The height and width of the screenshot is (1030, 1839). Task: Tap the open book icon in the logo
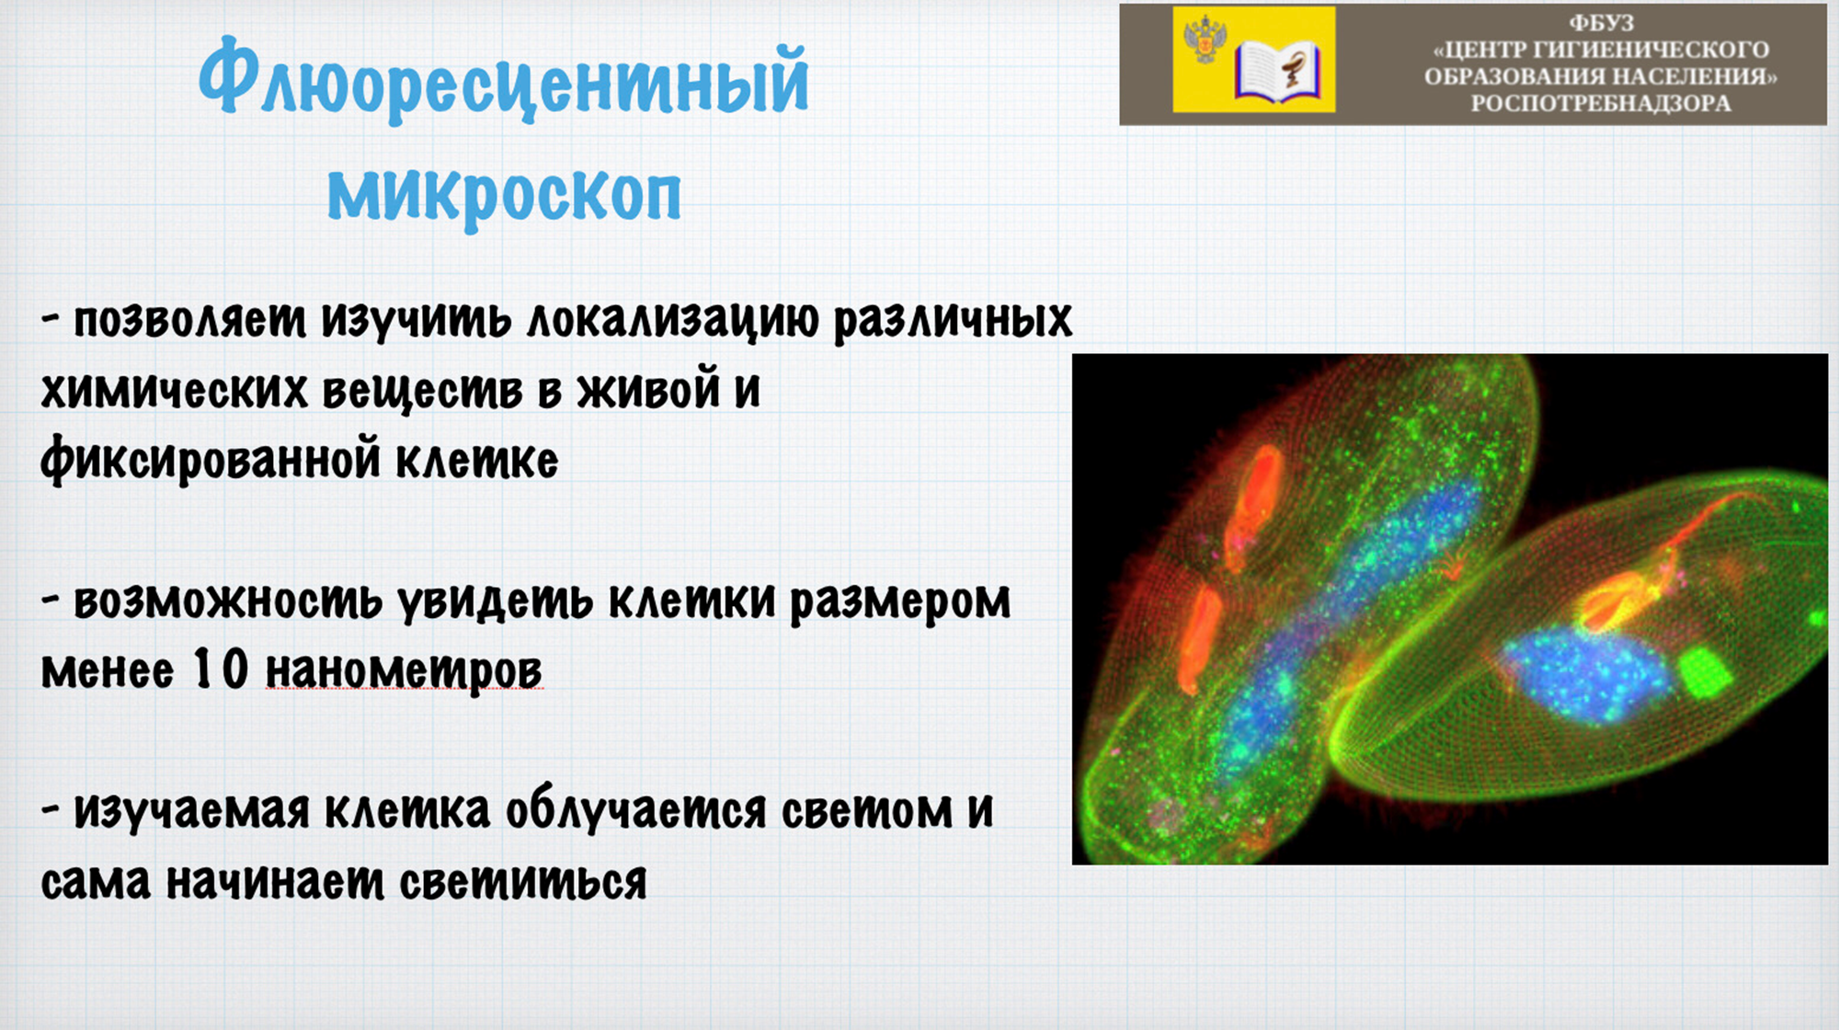tap(1277, 71)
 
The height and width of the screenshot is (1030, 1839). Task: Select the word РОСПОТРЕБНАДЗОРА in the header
tap(1601, 103)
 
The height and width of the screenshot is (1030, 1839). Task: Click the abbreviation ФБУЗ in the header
tap(1601, 23)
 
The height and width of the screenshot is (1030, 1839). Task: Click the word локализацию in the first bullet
tap(672, 321)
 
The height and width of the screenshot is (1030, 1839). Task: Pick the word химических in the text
tap(174, 391)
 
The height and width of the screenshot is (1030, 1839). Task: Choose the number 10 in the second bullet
tap(222, 669)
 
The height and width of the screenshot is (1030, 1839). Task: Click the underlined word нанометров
tap(405, 670)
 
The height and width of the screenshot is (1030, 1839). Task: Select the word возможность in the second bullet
tap(227, 601)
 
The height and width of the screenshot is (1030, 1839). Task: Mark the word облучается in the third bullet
tap(636, 809)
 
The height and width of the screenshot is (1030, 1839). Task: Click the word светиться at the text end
tap(523, 881)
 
